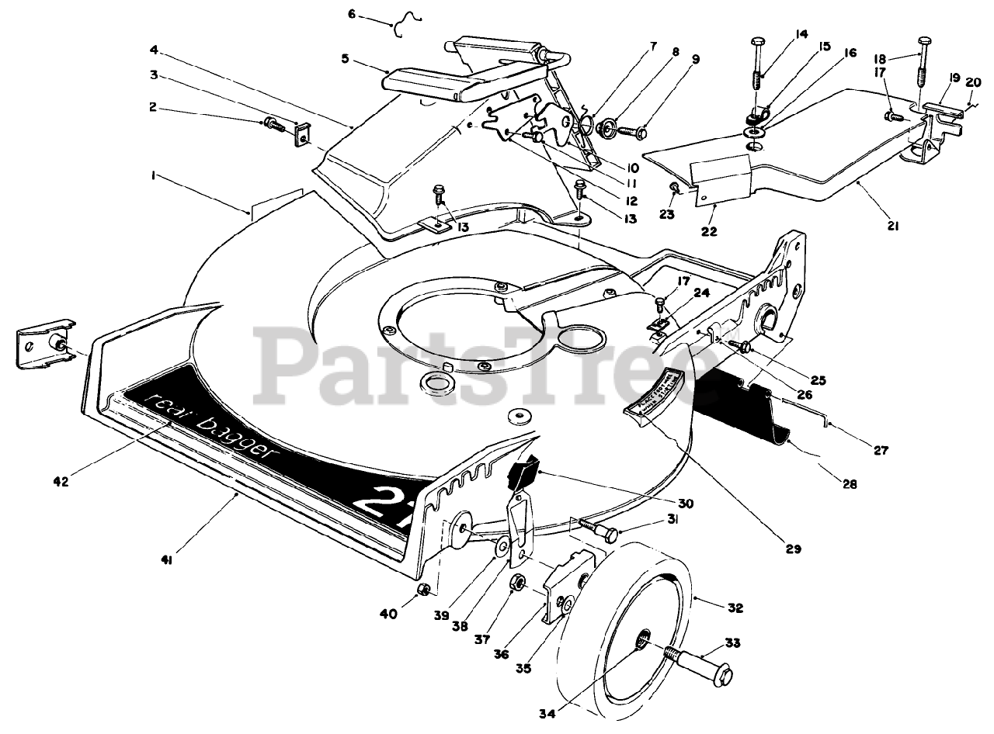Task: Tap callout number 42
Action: [61, 481]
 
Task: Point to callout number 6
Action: [352, 15]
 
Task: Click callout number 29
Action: [792, 549]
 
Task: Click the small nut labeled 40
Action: [425, 591]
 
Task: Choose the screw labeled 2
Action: [273, 123]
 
